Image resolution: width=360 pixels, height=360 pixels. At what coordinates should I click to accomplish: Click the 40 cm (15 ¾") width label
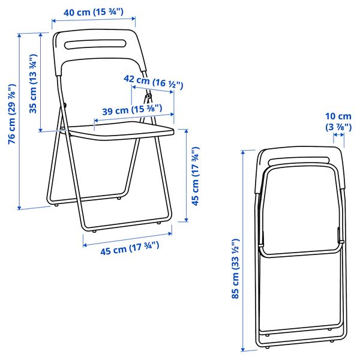[94, 12]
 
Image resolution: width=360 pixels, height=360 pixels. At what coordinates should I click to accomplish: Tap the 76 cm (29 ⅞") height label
[12, 114]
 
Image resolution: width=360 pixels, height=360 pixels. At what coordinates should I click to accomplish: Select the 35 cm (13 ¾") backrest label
[33, 84]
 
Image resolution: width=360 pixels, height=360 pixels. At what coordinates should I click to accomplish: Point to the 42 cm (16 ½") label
[154, 82]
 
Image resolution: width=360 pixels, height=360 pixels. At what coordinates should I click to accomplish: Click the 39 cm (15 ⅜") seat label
[132, 110]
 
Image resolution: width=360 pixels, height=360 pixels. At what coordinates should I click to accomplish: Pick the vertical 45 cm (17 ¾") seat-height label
[196, 176]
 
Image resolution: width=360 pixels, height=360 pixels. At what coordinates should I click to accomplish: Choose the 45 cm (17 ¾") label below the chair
[130, 248]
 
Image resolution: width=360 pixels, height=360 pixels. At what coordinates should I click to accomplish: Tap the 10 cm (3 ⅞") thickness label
[338, 122]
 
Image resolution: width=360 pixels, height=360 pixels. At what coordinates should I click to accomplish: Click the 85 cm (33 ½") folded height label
[236, 269]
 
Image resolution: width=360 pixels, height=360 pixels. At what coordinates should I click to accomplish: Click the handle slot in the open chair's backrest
[95, 44]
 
